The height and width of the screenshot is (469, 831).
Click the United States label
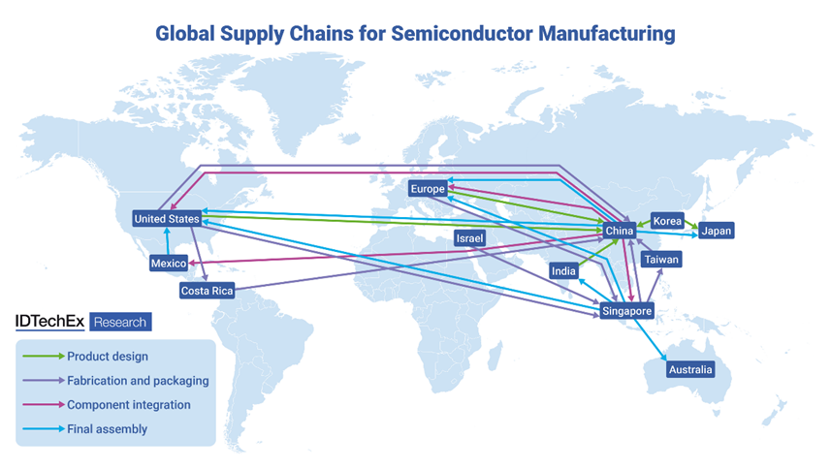pos(166,219)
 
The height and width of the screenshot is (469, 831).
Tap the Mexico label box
pos(168,264)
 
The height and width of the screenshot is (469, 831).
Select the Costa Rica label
pos(208,291)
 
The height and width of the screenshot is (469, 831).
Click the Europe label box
pos(428,188)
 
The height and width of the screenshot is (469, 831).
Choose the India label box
pos(563,271)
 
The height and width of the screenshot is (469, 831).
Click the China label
pos(619,231)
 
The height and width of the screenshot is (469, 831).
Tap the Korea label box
pos(668,221)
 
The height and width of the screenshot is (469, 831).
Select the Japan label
pos(717,231)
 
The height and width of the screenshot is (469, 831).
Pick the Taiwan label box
pos(662,260)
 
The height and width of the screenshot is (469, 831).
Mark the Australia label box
pos(690,369)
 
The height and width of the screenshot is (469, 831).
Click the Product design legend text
pos(108,357)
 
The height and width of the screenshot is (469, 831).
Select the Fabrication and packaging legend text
pos(138,381)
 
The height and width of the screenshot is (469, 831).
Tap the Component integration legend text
pos(129,404)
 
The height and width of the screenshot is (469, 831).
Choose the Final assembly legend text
pos(108,428)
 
